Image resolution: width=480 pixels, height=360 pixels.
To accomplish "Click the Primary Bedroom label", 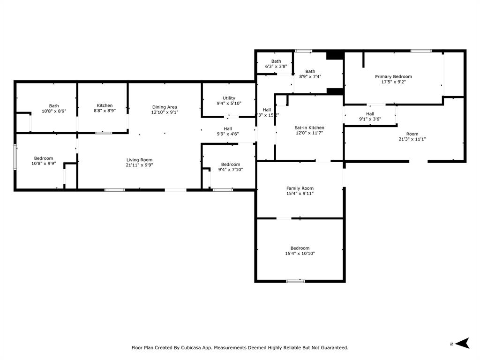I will [393, 76].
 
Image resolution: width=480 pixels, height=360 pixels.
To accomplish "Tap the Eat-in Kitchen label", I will [309, 127].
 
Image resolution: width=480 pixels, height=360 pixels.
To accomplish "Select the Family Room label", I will [300, 188].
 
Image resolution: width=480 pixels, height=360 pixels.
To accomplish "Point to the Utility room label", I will [229, 98].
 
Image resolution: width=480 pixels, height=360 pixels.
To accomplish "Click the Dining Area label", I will [165, 107].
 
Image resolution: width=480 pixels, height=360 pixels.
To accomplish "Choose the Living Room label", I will [139, 160].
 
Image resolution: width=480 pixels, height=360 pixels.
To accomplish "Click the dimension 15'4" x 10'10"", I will [300, 254].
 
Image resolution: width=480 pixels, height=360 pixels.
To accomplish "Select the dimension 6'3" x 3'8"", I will [276, 67].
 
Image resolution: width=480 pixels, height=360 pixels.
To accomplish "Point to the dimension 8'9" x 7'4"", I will [310, 76].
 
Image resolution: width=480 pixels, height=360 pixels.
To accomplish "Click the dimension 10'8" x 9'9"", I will [43, 164].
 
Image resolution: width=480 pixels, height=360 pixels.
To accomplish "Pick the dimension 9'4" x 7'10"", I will [231, 170].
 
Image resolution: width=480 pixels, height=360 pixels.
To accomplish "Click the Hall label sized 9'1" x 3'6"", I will [370, 113].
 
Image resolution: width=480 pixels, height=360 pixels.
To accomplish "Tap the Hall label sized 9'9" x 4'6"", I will [227, 128].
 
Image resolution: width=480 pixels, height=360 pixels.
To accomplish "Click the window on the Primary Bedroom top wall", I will [420, 51].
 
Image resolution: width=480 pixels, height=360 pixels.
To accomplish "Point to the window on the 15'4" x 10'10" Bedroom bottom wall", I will [295, 281].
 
